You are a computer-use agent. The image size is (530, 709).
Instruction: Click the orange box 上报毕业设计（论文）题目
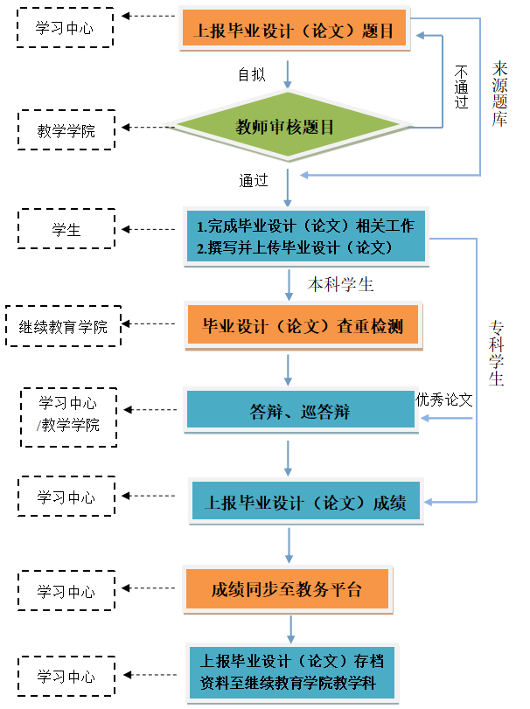coord(298,31)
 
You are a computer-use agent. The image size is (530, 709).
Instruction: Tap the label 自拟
coord(252,74)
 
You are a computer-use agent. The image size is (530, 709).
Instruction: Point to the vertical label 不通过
coord(462,87)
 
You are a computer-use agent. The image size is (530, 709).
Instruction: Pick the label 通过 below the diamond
coord(253,181)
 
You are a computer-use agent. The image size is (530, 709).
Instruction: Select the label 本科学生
coord(341,284)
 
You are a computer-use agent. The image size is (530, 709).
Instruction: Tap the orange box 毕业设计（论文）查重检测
coord(303,326)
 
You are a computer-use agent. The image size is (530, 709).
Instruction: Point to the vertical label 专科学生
coord(496,354)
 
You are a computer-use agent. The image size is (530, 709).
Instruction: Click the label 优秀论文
coord(444,400)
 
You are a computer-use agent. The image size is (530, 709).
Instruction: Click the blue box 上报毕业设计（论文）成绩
coord(305,503)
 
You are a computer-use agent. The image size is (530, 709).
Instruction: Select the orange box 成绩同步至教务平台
coord(286,588)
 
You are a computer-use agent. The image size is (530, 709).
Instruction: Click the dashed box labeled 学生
coord(66,230)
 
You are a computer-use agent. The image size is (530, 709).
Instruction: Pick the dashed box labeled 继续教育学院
coord(64,327)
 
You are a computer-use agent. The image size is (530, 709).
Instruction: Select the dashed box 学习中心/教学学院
coord(68,415)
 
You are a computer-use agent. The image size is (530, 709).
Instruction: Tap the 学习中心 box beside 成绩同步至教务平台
coord(66,592)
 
